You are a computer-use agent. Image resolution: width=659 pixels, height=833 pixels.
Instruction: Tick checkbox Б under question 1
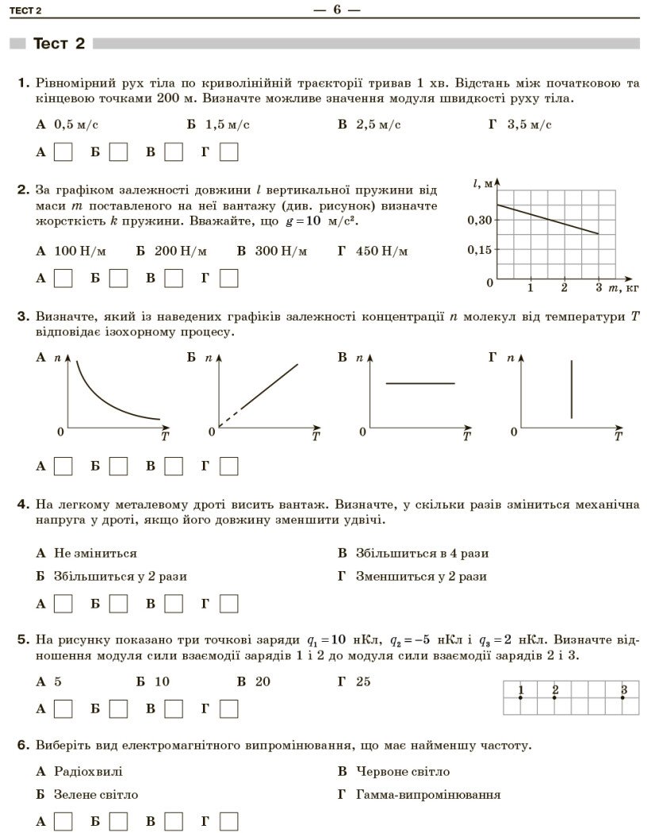[x=118, y=151]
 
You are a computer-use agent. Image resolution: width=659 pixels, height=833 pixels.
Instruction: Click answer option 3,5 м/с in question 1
[x=529, y=125]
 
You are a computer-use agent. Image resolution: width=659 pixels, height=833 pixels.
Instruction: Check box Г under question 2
[x=229, y=278]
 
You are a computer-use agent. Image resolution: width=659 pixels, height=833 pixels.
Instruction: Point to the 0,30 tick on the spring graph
[x=477, y=221]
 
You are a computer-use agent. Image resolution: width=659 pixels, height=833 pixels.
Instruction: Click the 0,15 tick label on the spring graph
[x=477, y=250]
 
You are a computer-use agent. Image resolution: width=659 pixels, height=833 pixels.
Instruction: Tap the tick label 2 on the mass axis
[x=564, y=287]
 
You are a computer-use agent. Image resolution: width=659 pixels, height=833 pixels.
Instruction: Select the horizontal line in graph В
[x=420, y=384]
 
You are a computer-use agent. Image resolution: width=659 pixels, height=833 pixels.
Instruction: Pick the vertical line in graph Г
[x=571, y=389]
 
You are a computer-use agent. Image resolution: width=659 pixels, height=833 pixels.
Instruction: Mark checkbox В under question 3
[x=174, y=466]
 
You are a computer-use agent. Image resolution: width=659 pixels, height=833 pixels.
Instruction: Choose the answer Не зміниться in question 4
[x=95, y=553]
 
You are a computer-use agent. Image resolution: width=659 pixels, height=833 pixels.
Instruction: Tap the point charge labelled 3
[x=623, y=697]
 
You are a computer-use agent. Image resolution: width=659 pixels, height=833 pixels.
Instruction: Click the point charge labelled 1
[x=520, y=697]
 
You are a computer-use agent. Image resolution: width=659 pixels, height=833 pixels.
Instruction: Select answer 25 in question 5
[x=363, y=681]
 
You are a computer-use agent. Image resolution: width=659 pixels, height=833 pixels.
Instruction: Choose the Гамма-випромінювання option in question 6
[x=428, y=794]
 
